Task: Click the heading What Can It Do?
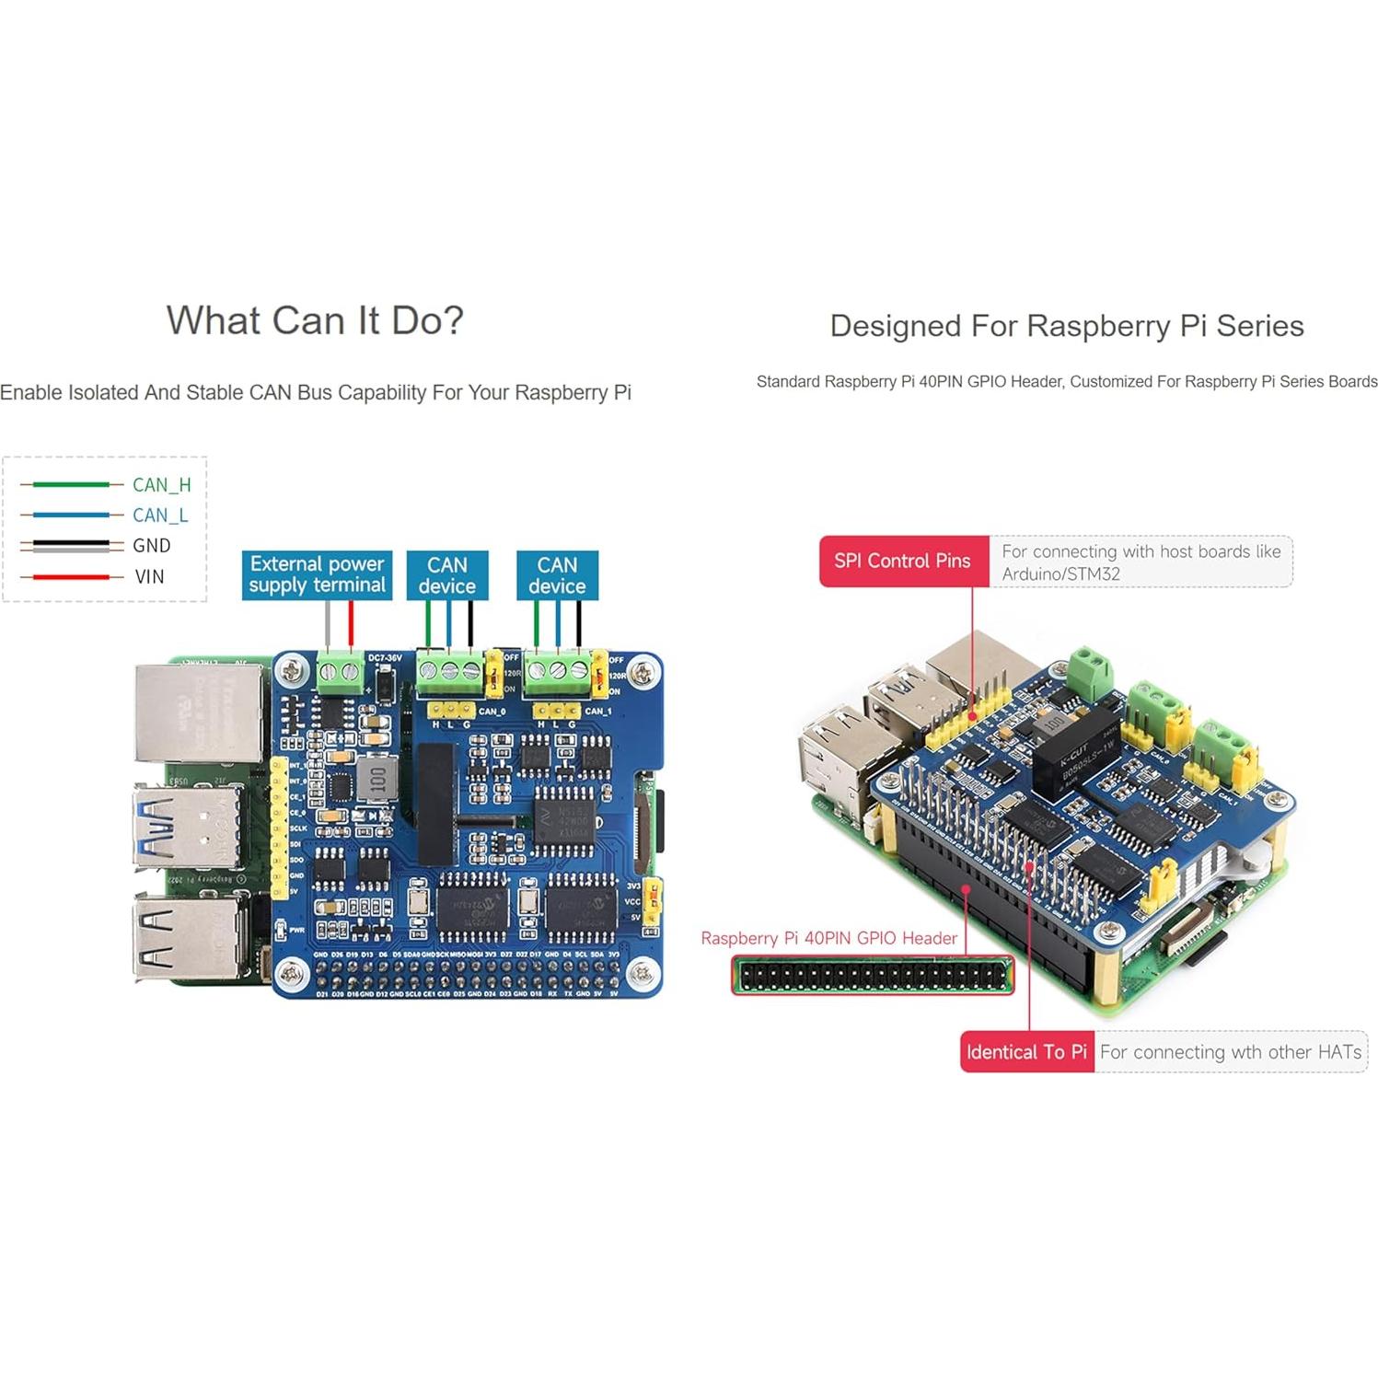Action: (315, 320)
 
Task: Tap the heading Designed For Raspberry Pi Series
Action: (1066, 326)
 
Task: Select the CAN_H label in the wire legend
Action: (161, 484)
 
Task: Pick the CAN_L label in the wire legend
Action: (160, 515)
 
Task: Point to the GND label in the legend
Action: (151, 545)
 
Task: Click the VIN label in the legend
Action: (149, 576)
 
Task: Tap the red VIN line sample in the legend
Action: (71, 577)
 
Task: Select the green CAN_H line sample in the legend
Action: (71, 484)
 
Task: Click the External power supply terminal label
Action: (317, 574)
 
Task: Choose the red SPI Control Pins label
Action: (903, 561)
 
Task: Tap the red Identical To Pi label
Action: (1026, 1051)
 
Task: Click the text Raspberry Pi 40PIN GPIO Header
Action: (828, 938)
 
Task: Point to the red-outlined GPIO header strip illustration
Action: (872, 975)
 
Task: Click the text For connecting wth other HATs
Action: (1230, 1051)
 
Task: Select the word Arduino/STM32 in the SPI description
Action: (1060, 573)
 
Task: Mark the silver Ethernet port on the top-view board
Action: (197, 711)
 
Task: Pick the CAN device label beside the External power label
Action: (447, 575)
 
